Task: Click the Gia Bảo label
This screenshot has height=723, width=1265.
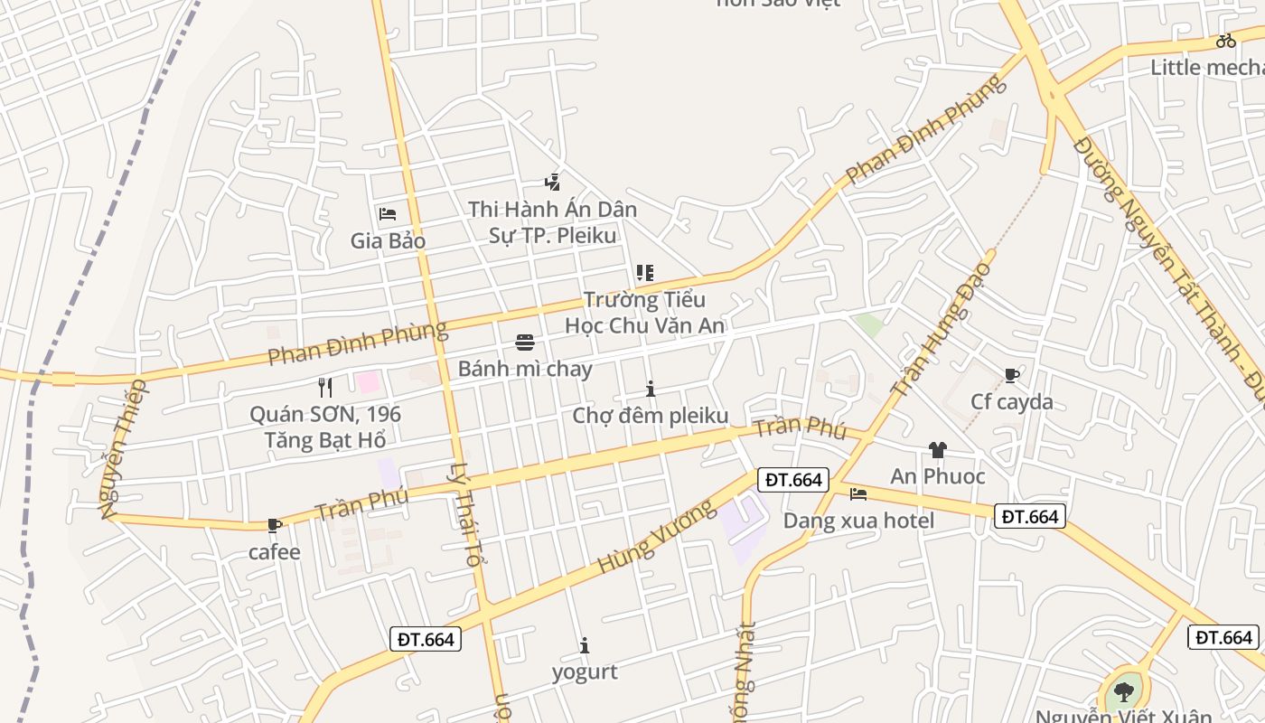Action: pos(388,241)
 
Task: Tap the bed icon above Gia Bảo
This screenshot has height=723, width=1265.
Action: pos(388,214)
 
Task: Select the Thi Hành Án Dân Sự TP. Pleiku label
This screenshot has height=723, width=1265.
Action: pos(552,222)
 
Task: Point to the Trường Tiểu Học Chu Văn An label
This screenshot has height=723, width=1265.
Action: pos(644,312)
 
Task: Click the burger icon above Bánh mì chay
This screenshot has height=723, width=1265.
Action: pos(525,342)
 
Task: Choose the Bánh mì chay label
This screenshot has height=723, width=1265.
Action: pos(525,369)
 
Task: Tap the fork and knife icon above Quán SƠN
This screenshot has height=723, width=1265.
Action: pos(325,388)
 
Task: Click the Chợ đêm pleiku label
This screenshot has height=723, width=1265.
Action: pos(650,416)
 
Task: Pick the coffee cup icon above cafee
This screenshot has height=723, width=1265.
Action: pos(275,525)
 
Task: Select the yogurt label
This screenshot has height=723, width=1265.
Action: pos(585,671)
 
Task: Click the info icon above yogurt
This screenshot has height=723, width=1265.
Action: pos(585,645)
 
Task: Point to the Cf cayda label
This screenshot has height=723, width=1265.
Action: pos(1012,401)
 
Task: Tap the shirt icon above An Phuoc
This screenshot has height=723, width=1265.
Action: pos(937,449)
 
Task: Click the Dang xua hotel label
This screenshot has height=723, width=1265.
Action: pos(858,521)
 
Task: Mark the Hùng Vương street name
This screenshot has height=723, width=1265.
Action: pos(644,537)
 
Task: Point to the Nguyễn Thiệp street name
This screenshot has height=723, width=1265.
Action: pos(123,449)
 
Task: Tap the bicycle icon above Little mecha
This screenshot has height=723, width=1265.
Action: pos(1225,41)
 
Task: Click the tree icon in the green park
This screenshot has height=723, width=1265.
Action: pos(1124,692)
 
